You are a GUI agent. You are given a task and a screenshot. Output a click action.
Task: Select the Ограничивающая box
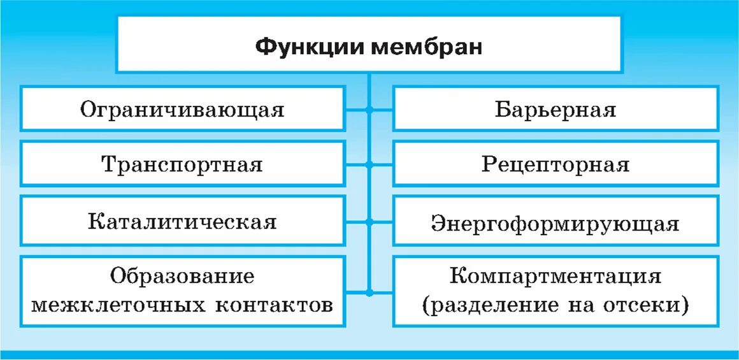pos(182,109)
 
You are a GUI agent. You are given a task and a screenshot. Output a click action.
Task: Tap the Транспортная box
pos(182,165)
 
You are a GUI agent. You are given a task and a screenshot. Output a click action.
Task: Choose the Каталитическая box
pos(182,222)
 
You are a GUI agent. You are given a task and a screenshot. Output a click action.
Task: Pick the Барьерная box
pos(556,109)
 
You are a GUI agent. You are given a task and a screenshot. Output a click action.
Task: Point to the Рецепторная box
pos(556,165)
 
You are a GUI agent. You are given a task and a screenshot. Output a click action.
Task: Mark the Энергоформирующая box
pos(556,223)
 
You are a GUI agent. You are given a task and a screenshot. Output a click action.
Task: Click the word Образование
pos(182,277)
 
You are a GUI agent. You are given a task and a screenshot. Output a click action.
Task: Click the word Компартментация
pos(556,277)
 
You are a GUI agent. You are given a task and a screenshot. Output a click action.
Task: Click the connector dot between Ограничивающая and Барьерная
pos(369,110)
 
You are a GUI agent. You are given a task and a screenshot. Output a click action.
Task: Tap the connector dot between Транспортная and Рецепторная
pos(369,165)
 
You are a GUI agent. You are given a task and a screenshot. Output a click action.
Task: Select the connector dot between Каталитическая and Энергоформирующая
pos(369,222)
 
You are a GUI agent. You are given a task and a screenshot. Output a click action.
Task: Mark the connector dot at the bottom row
pos(369,292)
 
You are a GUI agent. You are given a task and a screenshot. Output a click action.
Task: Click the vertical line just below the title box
pos(369,80)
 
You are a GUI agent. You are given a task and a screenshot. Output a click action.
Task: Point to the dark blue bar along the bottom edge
pos(369,355)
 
